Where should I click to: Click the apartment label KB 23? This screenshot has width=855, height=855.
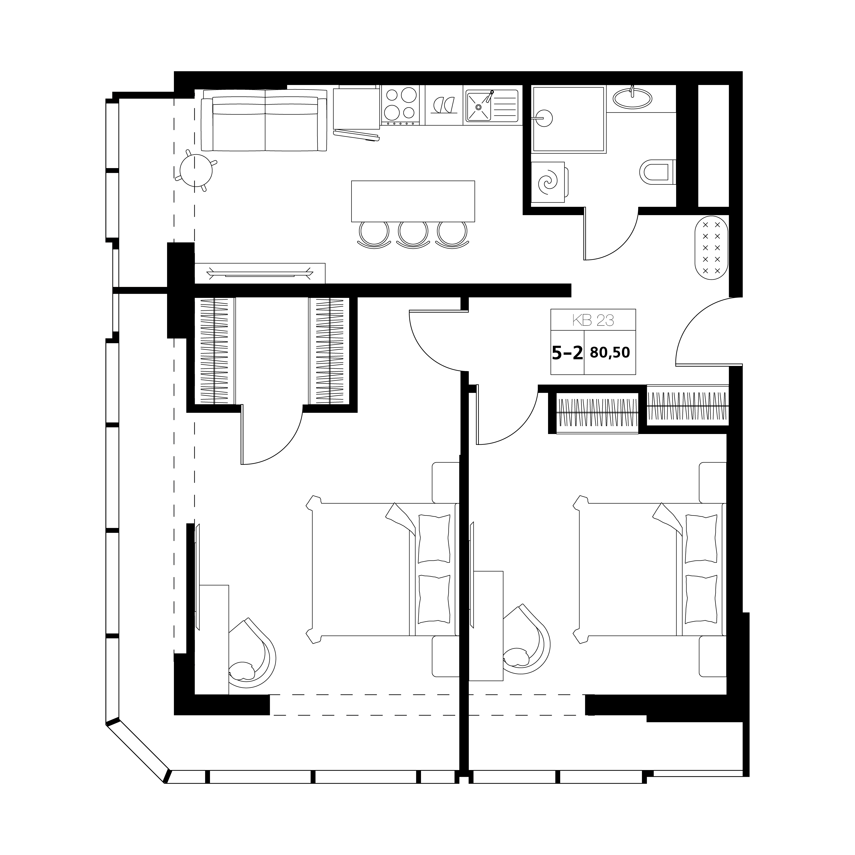[593, 320]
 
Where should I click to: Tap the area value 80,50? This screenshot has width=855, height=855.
[610, 353]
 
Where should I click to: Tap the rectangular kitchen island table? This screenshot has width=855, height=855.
[413, 201]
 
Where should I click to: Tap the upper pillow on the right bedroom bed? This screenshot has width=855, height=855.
[701, 538]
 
